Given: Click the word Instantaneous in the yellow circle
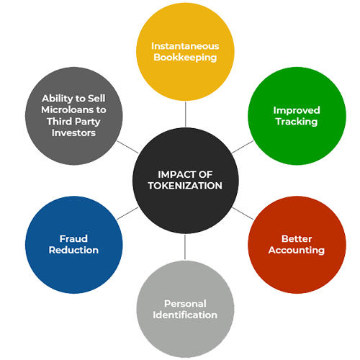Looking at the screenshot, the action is pos(185,46).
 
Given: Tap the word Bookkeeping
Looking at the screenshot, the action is pos(185,58).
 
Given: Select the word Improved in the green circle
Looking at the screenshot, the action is pos(297,110).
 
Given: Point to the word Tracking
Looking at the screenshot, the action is pos(297,122).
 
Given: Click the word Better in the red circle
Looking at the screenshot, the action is pos(297,239).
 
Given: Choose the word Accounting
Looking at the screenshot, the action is pos(297,251).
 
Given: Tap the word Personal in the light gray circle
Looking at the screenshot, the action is pos(185,304).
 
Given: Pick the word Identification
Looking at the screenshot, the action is pos(185,315).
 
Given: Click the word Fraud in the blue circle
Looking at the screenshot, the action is pos(73,239).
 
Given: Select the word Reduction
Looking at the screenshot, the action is pos(73,250).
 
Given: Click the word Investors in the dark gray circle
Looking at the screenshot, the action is pos(73,132).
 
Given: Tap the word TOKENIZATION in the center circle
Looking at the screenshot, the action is pos(185,186).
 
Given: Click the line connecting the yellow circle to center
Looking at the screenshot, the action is pos(185,114).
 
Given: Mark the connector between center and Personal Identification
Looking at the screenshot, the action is pos(185,247).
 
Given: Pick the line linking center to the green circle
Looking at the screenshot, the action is pos(243,147).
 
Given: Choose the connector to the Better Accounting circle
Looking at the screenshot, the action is pos(243,213).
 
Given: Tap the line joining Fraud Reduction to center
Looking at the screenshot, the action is pos(127,213).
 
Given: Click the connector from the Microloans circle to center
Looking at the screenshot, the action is pos(128,147).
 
